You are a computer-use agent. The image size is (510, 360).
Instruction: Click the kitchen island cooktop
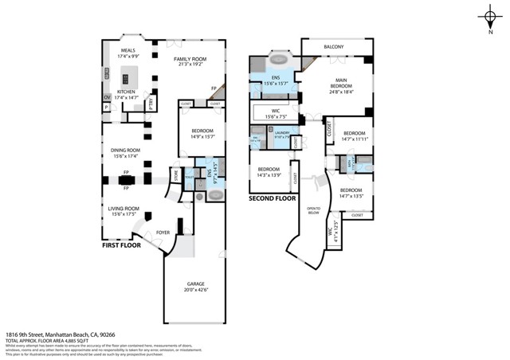[x=125, y=78]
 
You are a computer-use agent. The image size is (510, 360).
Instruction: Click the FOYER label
[x=163, y=233]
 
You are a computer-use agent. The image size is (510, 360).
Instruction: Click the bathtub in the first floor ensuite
[x=214, y=194]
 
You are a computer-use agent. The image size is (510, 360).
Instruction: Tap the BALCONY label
[x=334, y=47]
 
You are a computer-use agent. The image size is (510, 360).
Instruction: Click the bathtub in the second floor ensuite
[x=279, y=60]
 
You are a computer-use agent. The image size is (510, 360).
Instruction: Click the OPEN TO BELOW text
[x=313, y=211]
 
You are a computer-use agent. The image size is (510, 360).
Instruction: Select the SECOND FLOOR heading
[x=271, y=198]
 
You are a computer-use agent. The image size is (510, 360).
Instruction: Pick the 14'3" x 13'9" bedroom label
[x=268, y=172]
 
